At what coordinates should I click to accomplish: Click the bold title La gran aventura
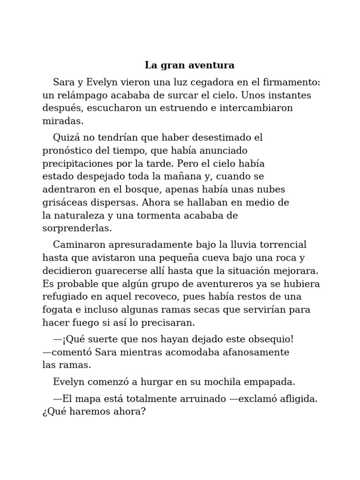(x=189, y=65)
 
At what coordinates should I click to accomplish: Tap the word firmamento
(x=290, y=82)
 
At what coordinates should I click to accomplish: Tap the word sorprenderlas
(x=77, y=229)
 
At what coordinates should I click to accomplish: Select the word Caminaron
(x=78, y=245)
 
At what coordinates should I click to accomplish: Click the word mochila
(x=217, y=382)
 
